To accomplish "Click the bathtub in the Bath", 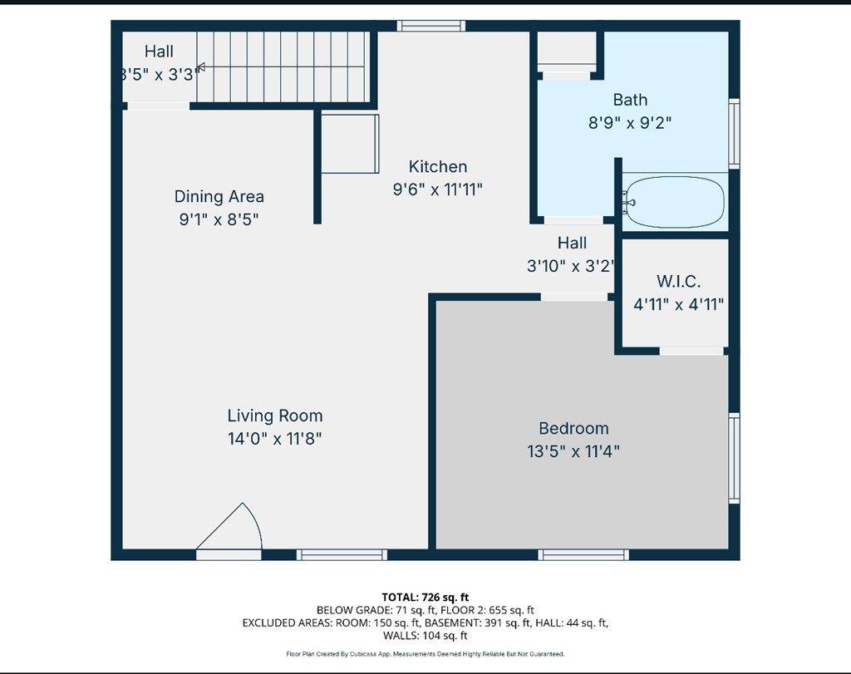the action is (675, 201).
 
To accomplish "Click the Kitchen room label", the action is (437, 166).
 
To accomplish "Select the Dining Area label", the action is (219, 196).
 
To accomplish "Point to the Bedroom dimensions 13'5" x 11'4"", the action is (573, 451).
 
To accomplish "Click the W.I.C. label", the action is (678, 281).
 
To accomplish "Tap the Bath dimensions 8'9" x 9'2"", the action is (630, 123).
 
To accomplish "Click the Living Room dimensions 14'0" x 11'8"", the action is (274, 439).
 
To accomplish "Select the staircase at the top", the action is (283, 66).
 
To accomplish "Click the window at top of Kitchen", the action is (431, 26).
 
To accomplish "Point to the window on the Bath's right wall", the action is (734, 134).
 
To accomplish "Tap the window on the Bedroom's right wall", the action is (734, 458).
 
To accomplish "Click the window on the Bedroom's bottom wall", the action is (583, 554).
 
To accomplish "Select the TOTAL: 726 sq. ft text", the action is (425, 598).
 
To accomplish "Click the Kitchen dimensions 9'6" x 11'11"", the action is (437, 190).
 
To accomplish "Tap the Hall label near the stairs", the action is (159, 52).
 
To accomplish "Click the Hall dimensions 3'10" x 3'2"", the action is (571, 266).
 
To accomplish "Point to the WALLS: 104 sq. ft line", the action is (425, 636).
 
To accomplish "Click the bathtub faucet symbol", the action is (630, 203).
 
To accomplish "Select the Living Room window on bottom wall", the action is (342, 554).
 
